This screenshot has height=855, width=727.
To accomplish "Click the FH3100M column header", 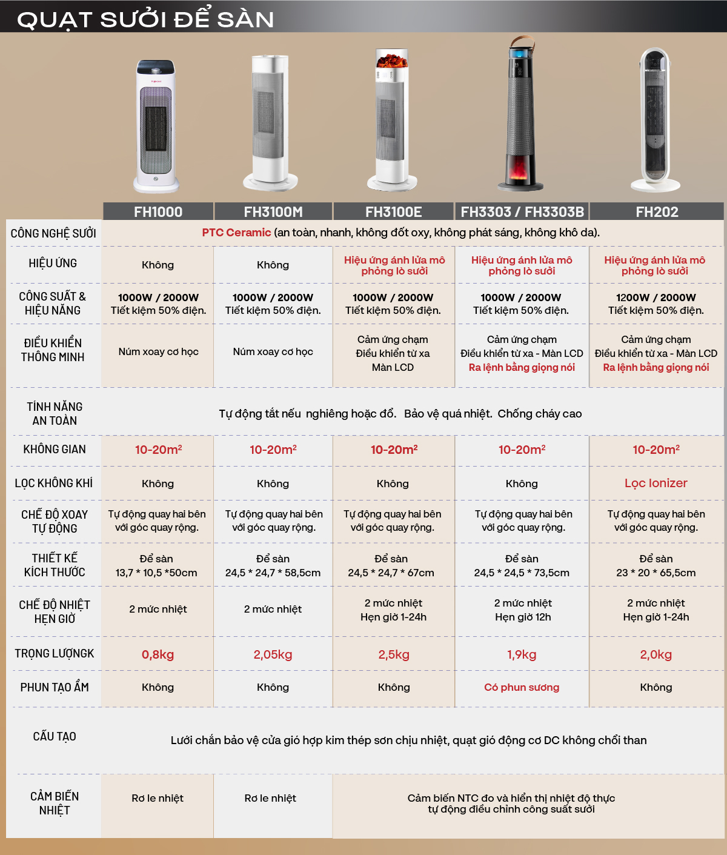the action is click(273, 212).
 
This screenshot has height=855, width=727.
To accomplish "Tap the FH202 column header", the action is click(657, 212).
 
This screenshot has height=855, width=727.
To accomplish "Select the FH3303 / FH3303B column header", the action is click(522, 212).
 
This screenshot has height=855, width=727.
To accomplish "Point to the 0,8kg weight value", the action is click(158, 654).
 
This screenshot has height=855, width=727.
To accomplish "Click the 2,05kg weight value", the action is click(273, 654).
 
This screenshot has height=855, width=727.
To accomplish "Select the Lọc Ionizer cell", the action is click(656, 483).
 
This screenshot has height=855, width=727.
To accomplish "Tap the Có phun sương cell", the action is click(522, 688).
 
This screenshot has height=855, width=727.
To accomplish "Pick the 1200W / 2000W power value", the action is click(656, 298).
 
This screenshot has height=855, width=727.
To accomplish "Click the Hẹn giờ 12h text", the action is click(523, 617).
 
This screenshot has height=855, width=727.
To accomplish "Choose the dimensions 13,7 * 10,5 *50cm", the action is click(156, 573).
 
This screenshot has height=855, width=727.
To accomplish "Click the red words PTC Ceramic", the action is click(236, 233).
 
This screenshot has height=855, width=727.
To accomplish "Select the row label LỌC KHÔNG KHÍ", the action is click(54, 483).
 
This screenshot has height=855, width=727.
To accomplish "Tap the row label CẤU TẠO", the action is click(55, 737).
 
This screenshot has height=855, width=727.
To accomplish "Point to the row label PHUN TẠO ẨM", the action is click(55, 688).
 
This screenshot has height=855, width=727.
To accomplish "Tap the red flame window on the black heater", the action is click(519, 169).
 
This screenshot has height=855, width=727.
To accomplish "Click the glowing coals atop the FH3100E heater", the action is click(391, 61).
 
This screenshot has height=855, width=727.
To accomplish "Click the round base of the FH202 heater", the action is click(656, 185).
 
